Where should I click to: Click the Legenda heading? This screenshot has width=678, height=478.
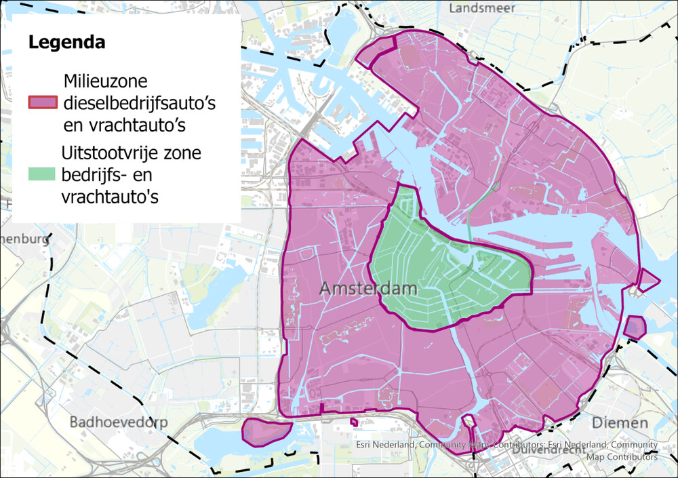point(66,42)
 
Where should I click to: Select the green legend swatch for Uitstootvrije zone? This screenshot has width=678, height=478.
point(42,174)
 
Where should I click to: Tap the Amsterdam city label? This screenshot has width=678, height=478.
point(368,289)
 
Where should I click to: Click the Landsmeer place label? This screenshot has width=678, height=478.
point(482,8)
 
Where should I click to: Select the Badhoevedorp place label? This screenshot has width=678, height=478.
point(119,422)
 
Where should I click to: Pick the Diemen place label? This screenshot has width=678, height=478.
point(620,422)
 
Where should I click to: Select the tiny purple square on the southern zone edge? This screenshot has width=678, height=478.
point(354,422)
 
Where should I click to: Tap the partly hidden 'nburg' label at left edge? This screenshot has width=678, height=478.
point(26,239)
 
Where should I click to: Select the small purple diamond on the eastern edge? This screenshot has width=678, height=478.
point(648,279)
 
